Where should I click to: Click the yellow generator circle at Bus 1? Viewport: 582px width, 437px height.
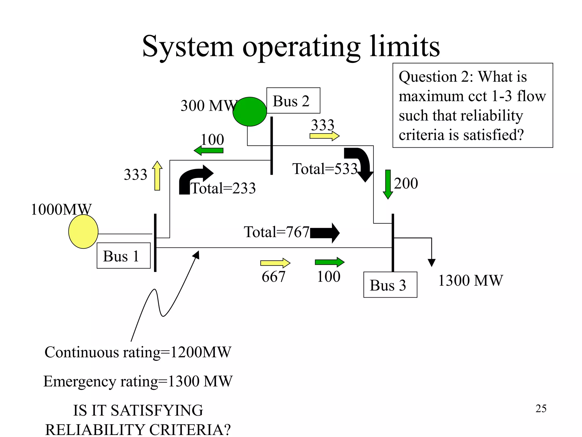83,232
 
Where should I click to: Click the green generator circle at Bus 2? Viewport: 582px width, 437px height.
250,112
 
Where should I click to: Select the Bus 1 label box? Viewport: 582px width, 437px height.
123,256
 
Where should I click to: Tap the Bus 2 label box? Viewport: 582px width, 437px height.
293,101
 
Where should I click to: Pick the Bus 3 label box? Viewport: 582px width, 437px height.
390,285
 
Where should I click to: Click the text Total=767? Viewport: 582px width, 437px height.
276,232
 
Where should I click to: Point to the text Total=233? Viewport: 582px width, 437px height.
223,188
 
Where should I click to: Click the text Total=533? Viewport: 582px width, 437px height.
325,169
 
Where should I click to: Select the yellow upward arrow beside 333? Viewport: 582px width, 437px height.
157,176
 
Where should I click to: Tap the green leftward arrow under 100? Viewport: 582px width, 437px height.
209,150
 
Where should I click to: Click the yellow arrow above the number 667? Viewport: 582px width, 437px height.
275,263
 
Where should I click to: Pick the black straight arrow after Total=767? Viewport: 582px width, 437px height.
325,233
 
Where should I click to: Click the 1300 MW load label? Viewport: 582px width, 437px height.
470,281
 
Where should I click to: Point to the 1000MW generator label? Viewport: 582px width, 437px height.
61,210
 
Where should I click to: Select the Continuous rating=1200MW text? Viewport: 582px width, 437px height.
138,352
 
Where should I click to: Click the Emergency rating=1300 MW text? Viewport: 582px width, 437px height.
138,381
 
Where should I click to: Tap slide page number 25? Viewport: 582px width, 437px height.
541,409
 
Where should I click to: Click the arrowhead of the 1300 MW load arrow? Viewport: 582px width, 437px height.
431,262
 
